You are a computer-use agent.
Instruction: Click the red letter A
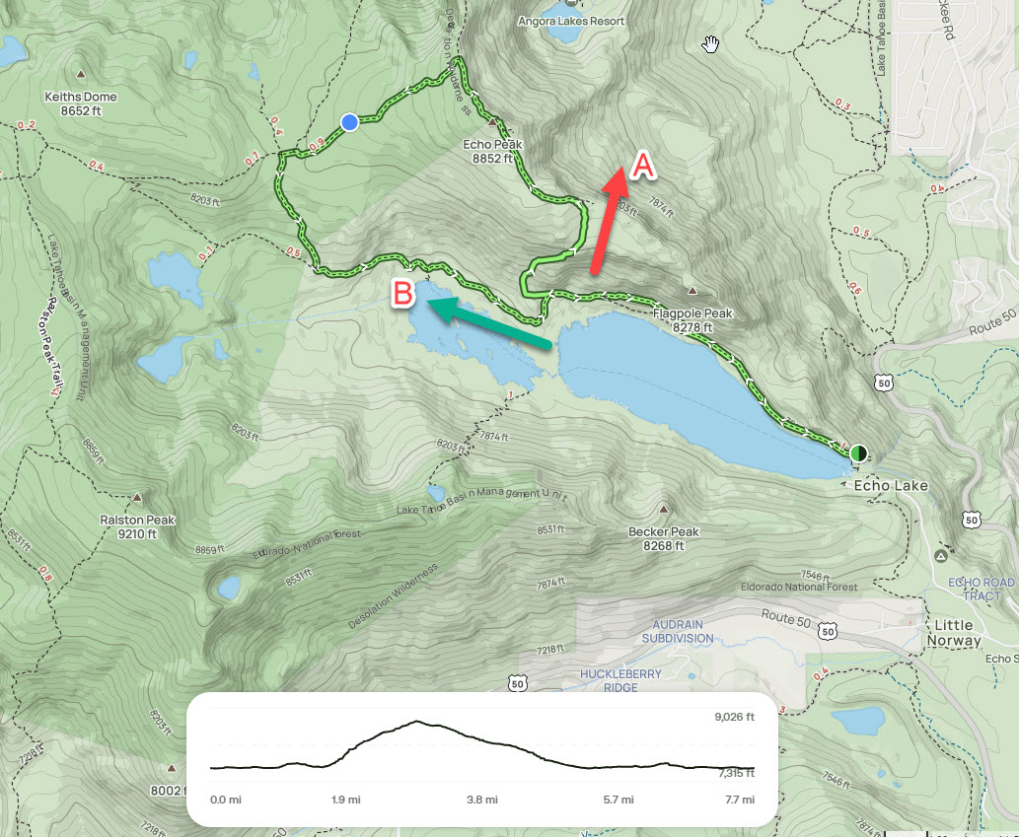tap(642, 166)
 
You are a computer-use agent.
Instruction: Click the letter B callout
tap(401, 293)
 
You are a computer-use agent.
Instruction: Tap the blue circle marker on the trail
tap(349, 121)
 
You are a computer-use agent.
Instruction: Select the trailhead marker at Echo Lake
tap(858, 453)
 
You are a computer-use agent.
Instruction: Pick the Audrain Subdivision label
tap(678, 631)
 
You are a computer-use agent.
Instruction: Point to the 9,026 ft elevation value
tap(734, 717)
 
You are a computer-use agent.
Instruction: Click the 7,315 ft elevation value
tap(734, 774)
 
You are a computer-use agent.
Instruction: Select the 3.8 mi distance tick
tap(481, 800)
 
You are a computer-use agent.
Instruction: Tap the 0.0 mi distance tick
tap(226, 800)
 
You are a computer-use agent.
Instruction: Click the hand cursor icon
tap(710, 43)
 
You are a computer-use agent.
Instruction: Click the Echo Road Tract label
tap(975, 589)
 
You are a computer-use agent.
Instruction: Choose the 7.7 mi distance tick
tap(740, 800)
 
